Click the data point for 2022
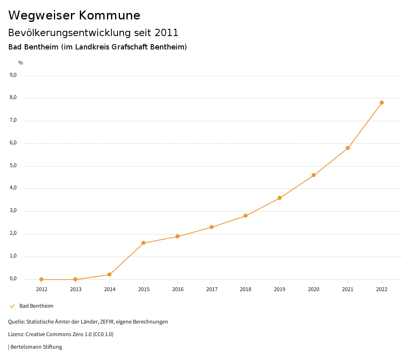[x=382, y=103]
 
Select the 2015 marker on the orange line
[x=143, y=243]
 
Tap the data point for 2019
[x=280, y=198]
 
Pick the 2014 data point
[x=109, y=275]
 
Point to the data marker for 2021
[x=348, y=148]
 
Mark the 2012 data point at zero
[x=41, y=279]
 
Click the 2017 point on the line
[x=212, y=227]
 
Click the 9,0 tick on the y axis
[x=13, y=75]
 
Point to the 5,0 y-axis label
[x=13, y=165]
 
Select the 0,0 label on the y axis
[x=13, y=279]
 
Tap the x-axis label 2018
[x=246, y=289]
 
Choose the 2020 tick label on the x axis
[x=314, y=289]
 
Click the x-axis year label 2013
[x=75, y=289]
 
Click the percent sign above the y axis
[x=21, y=63]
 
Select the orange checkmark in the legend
[x=12, y=306]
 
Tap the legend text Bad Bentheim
[x=36, y=306]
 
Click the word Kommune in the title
[x=109, y=15]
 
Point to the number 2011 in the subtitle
[x=167, y=32]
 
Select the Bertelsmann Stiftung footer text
[x=36, y=347]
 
